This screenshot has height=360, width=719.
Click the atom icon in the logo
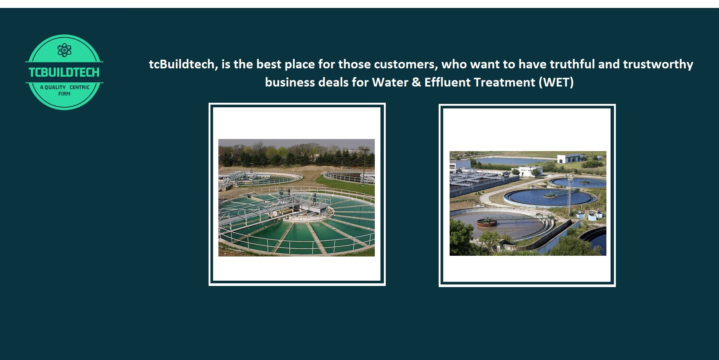(x=64, y=50)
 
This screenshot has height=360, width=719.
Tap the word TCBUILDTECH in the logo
(x=64, y=72)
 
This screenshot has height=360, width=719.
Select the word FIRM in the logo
(x=64, y=94)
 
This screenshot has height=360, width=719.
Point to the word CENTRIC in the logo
(x=80, y=87)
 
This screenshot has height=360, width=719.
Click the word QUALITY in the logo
(x=55, y=87)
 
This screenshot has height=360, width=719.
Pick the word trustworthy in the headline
(x=658, y=65)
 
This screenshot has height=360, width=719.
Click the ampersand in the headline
(x=416, y=82)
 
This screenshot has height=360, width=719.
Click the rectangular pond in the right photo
(x=512, y=161)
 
